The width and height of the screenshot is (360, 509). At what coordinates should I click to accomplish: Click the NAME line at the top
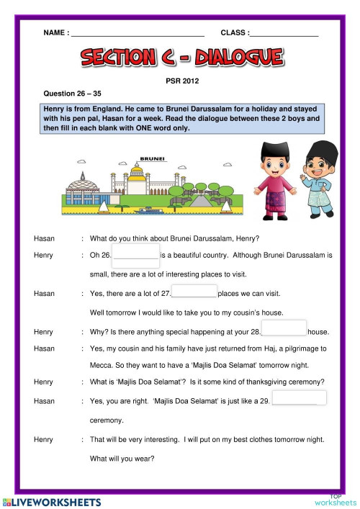(x=137, y=33)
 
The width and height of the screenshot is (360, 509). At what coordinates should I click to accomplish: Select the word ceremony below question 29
(x=107, y=420)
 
